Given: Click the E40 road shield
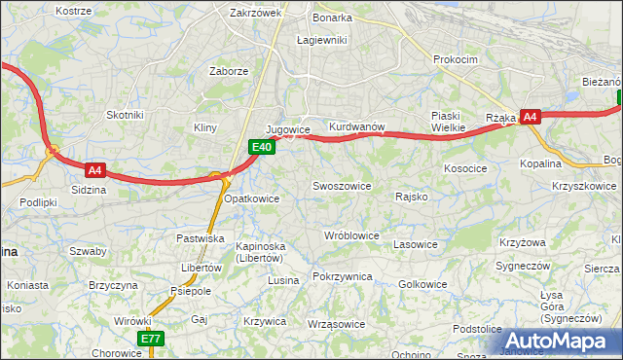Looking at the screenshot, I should [x=260, y=147].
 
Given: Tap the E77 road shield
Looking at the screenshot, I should [x=150, y=339].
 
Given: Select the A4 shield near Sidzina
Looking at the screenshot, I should [x=94, y=168].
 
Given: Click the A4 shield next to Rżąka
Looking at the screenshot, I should [x=530, y=117].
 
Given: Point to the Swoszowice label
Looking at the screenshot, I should [x=341, y=185].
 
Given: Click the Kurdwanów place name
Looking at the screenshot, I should [x=358, y=127].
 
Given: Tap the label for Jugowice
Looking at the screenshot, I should [x=287, y=129].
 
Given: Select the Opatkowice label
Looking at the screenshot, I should [x=252, y=198].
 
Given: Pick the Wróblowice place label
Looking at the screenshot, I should [x=351, y=235].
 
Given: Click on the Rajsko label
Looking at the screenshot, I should [x=413, y=197].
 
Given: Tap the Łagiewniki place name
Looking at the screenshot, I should [x=321, y=40].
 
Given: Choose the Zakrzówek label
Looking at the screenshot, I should [x=255, y=14].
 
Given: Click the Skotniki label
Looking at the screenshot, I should [x=125, y=114].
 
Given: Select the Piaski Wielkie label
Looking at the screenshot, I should [x=450, y=120].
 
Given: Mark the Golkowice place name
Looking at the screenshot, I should [x=423, y=284].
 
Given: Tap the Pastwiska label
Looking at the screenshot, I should [x=201, y=238].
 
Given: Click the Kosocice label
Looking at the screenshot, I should [x=465, y=168].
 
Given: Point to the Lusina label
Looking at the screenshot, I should [x=283, y=280].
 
